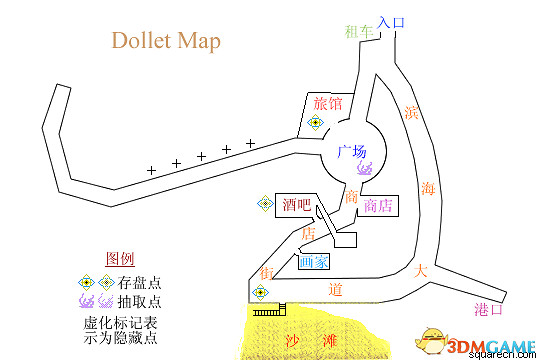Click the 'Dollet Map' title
165,42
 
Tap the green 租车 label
357,31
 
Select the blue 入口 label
392,22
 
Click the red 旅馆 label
328,103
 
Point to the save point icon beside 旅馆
315,123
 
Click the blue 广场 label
354,152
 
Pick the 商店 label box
377,206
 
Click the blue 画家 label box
313,262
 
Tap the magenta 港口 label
488,309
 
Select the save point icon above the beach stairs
261,292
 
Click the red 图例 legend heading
120,258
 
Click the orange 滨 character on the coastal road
411,113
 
